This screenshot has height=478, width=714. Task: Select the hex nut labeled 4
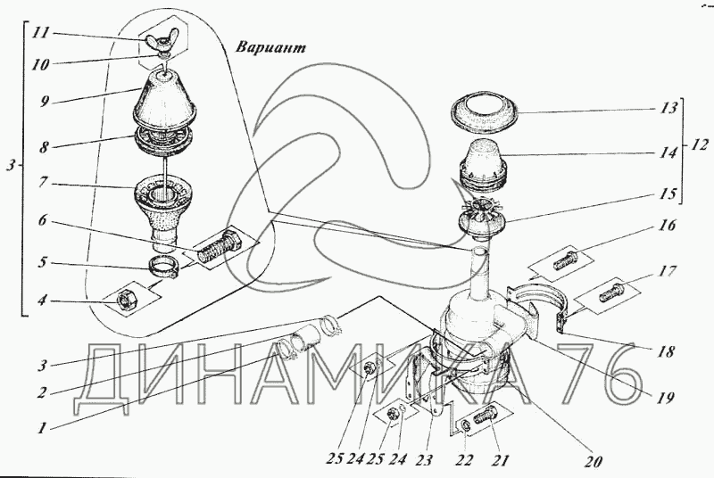pos(125,301)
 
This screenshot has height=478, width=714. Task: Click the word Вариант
pos(271,47)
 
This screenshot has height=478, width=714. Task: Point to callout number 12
pos(699,144)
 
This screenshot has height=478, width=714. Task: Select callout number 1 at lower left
pos(42,427)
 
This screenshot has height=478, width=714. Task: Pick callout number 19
pos(664,399)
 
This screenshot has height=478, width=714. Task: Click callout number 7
pos(43,183)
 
